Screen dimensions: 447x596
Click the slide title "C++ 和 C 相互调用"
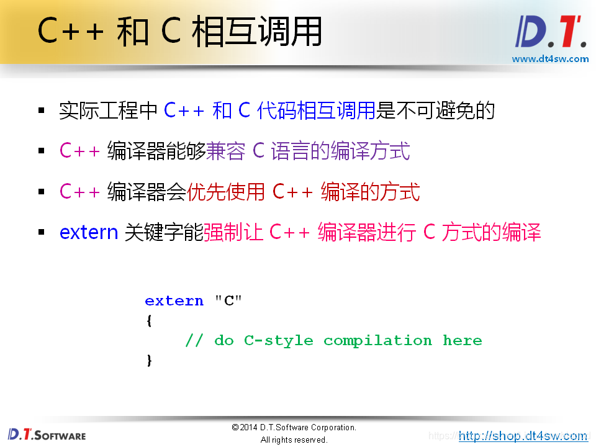pos(179,31)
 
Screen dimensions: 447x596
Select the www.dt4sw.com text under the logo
pos(549,59)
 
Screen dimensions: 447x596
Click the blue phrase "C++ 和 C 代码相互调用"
pos(270,111)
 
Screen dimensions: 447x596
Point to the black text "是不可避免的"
pos(436,111)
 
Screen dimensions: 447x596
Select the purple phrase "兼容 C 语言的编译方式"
pos(308,151)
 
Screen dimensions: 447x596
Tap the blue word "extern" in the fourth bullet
pos(89,232)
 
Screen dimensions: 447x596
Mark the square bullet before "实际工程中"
pos(42,111)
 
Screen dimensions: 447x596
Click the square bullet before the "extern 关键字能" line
pos(42,233)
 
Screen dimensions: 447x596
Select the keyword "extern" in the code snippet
pos(174,301)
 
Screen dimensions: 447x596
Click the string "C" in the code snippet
pos(228,301)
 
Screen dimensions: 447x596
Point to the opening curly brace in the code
pos(149,320)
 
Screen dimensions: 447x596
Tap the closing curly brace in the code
pos(149,360)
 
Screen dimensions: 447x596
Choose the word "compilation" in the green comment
pos(377,340)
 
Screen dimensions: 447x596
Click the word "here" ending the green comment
pos(462,340)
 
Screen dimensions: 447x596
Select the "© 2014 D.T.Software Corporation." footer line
pos(294,428)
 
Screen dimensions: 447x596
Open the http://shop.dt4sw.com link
pos(523,436)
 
